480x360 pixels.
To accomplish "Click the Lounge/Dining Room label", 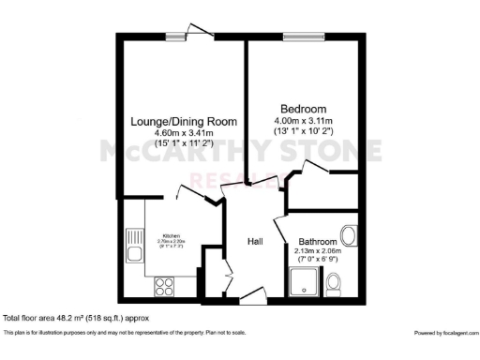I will tap(183, 122).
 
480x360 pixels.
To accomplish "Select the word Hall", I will tap(254, 242).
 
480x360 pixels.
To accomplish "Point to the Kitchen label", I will tap(172, 235).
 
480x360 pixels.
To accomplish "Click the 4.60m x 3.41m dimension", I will tap(183, 134).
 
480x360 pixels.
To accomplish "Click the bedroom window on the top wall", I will tap(301, 37).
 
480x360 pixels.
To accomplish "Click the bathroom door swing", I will tap(279, 231).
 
